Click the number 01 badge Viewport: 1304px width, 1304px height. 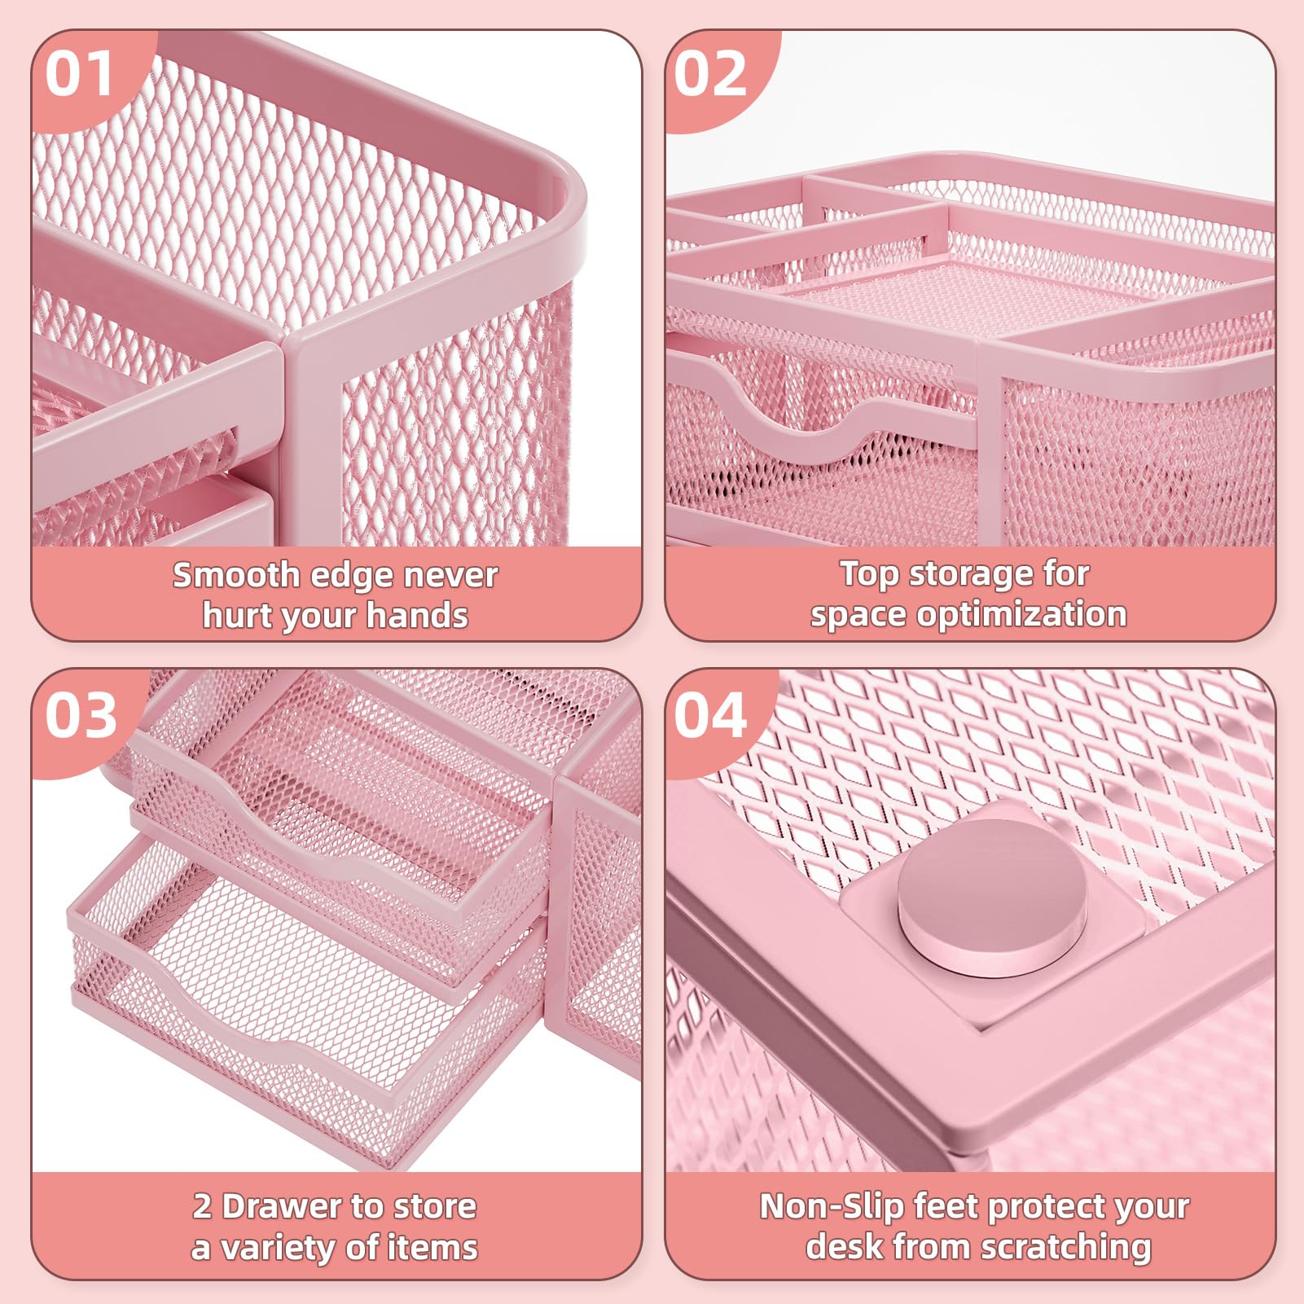pos(79,75)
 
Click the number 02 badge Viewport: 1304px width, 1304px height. pos(710,75)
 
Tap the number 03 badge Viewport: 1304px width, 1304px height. pos(81,717)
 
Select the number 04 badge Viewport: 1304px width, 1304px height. pos(710,717)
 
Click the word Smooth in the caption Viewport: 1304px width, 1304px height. pos(236,575)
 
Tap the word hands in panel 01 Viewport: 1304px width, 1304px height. pos(417,615)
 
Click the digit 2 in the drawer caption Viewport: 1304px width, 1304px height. pos(203,1206)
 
